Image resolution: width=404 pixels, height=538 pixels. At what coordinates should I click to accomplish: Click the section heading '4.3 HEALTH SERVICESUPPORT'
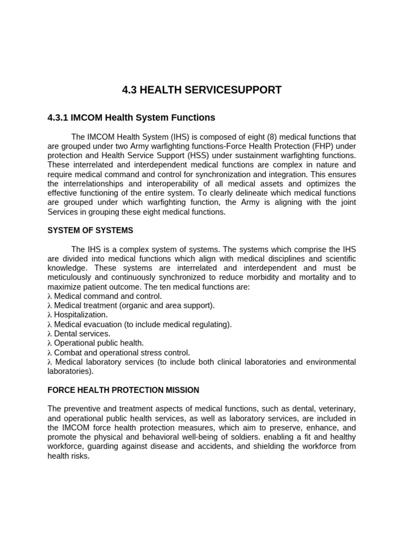(x=201, y=90)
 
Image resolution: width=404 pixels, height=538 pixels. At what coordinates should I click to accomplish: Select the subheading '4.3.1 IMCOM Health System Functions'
(x=131, y=118)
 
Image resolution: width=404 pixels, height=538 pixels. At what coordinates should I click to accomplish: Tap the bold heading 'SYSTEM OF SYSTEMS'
(x=90, y=230)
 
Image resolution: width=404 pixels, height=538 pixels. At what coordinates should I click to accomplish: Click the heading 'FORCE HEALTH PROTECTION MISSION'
(x=123, y=390)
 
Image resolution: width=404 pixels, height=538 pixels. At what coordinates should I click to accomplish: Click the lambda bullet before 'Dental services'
(x=49, y=334)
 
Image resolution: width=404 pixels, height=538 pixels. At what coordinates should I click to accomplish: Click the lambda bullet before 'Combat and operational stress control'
(x=49, y=353)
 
